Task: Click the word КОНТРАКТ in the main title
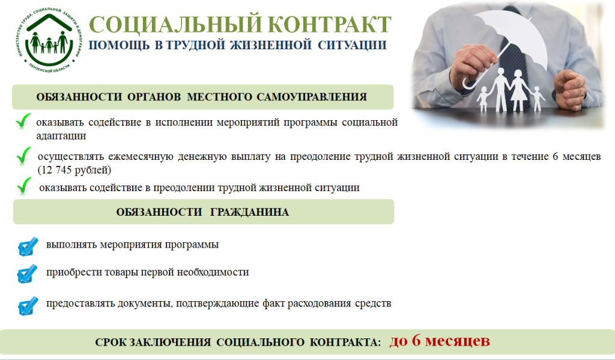331,25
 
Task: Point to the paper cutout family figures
510,90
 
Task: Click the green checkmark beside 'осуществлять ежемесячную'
24,156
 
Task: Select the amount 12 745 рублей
74,170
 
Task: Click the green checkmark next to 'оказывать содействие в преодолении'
24,186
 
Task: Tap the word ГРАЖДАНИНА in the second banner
249,212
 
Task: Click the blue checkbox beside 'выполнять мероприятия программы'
28,246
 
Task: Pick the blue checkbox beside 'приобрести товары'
28,273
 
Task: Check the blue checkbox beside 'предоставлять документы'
28,305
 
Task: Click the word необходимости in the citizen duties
213,272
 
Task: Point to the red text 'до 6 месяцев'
440,341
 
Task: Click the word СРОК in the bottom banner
111,343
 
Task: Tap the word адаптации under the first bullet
61,136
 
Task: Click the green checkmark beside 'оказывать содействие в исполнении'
23,121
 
